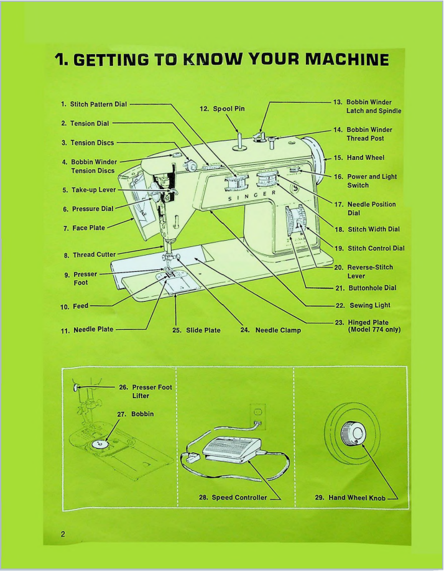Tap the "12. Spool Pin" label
[222, 108]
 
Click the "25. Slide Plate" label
[196, 330]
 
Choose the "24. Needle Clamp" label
[271, 330]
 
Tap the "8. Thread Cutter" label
[90, 254]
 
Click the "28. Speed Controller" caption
[230, 497]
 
